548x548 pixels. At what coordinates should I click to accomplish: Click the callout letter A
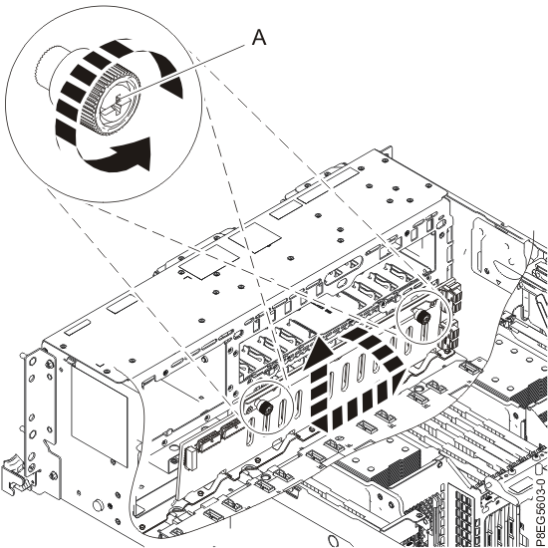pyautogui.click(x=258, y=38)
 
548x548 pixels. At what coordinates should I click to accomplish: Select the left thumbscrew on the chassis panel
pyautogui.click(x=266, y=409)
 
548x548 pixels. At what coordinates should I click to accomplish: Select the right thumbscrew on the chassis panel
pyautogui.click(x=421, y=316)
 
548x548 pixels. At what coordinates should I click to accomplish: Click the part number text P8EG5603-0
pyautogui.click(x=539, y=488)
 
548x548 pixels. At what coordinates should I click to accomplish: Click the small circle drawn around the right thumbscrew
pyautogui.click(x=418, y=319)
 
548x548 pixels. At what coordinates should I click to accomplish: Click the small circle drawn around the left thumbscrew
pyautogui.click(x=266, y=411)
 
